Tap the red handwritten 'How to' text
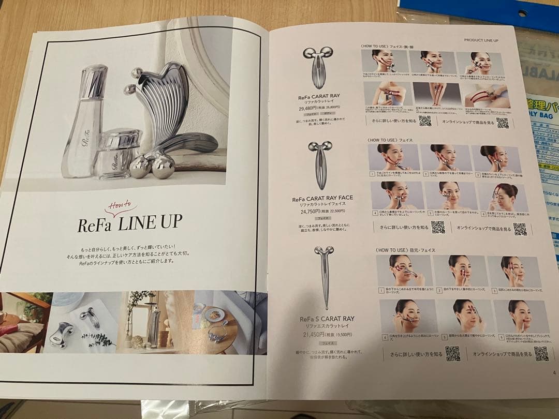[120, 207]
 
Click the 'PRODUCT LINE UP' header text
[481, 40]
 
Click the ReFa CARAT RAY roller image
[318, 67]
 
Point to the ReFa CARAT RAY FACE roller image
[320, 165]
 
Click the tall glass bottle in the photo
[85, 122]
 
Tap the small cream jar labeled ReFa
[118, 153]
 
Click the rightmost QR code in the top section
[502, 123]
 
